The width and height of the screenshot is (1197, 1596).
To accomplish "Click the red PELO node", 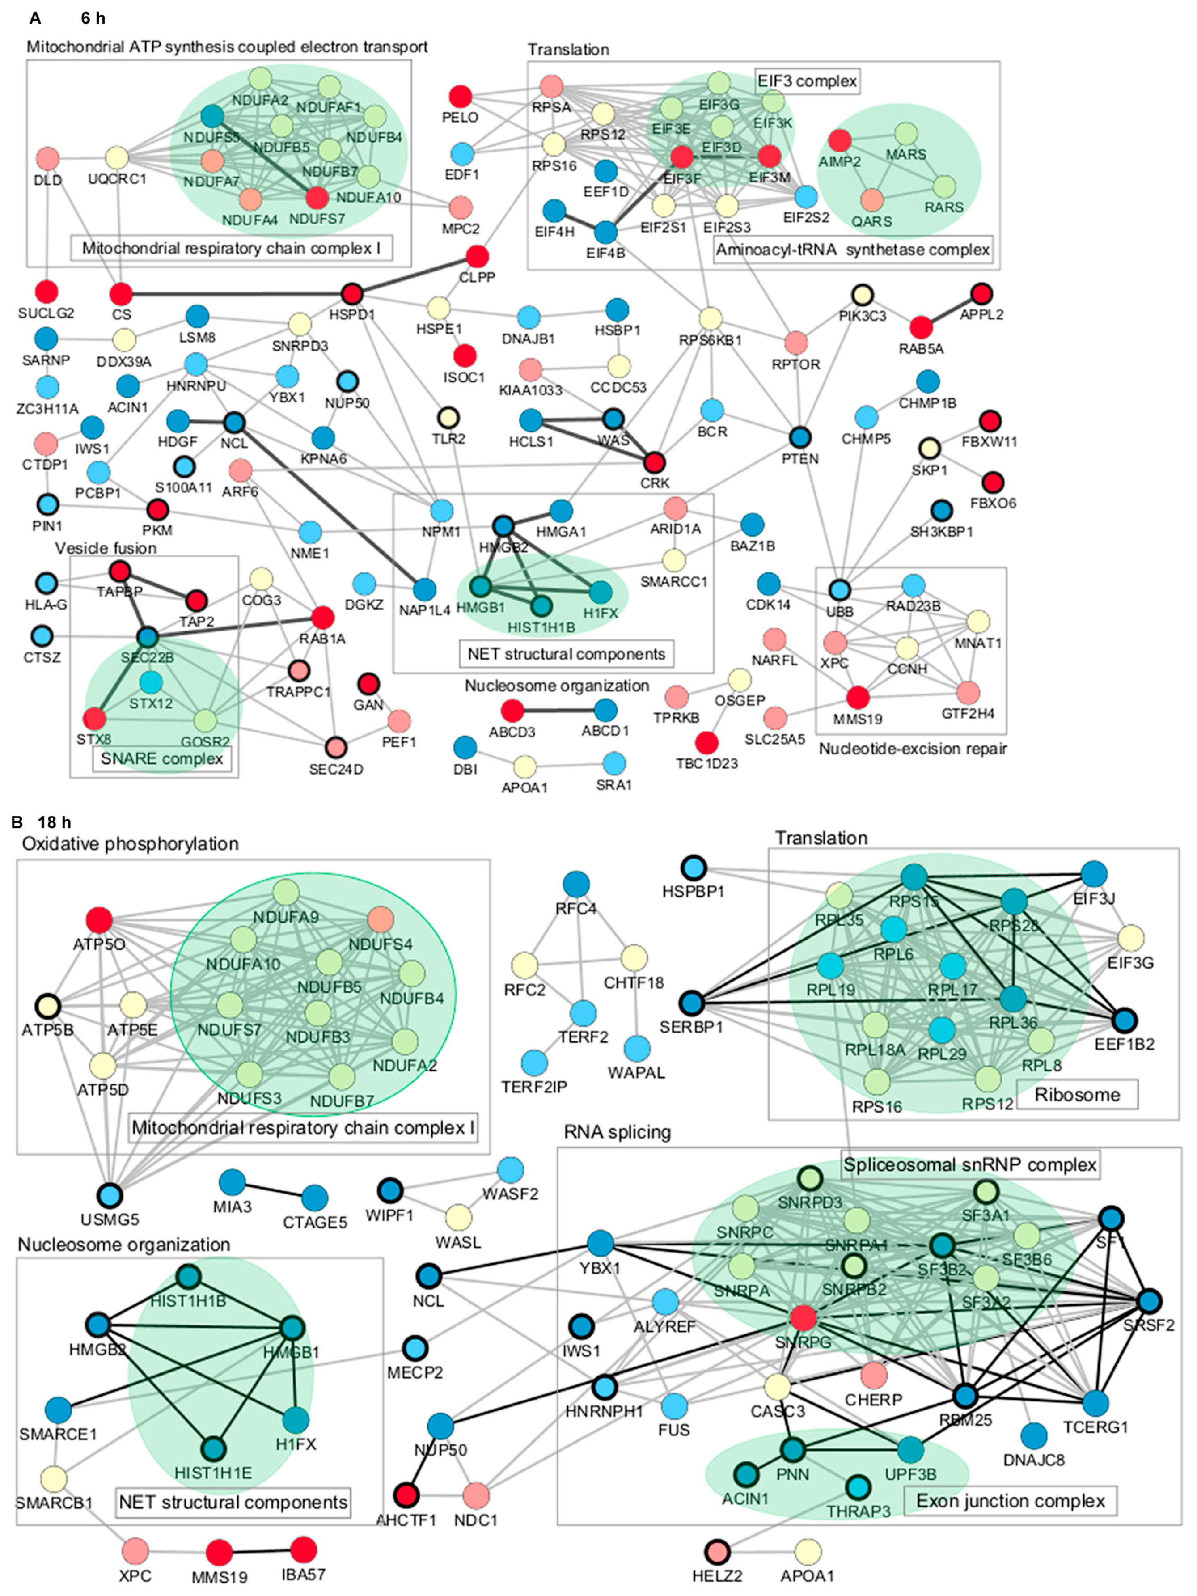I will tap(460, 96).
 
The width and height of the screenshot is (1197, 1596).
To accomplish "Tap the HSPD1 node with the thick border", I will tap(351, 294).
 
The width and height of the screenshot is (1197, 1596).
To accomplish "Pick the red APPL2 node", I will tap(981, 294).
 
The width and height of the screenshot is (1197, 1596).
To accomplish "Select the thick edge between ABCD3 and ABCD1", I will tap(558, 711).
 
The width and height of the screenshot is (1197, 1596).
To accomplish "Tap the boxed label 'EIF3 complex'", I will tap(807, 80).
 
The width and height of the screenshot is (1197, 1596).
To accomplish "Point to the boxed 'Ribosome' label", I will tap(1077, 1095).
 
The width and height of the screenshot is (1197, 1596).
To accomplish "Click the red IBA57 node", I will tap(303, 1549).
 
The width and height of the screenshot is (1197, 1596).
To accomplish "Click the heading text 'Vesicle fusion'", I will tap(106, 548).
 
